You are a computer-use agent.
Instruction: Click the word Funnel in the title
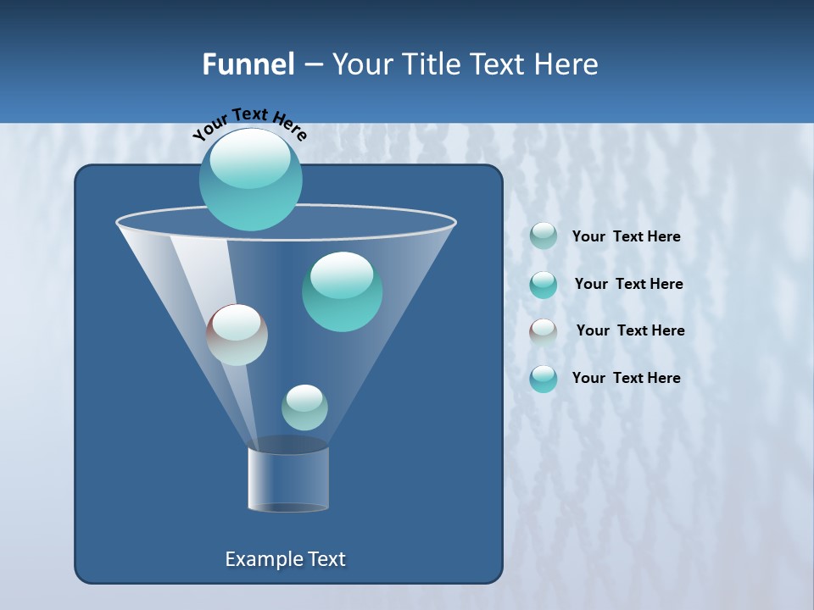tap(248, 64)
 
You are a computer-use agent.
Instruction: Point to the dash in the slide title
tap(312, 65)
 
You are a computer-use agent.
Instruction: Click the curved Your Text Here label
tap(249, 123)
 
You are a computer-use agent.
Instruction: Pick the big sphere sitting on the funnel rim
tap(250, 179)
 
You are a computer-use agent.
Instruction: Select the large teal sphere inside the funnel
tap(342, 291)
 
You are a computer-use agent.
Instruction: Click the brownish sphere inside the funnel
tap(237, 335)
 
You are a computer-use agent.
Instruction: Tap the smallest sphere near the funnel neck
tap(304, 408)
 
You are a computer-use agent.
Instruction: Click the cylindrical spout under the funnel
tap(288, 479)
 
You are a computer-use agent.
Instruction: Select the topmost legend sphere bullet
tap(544, 236)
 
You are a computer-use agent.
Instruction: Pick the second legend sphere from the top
tap(544, 284)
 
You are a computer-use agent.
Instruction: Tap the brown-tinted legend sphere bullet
tap(544, 331)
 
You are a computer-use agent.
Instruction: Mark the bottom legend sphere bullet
tap(544, 379)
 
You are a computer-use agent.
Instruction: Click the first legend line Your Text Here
tap(626, 237)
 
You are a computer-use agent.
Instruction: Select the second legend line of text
tap(628, 285)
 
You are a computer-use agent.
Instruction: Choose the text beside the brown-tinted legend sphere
tap(630, 331)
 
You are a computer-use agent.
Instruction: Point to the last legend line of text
tap(626, 379)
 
